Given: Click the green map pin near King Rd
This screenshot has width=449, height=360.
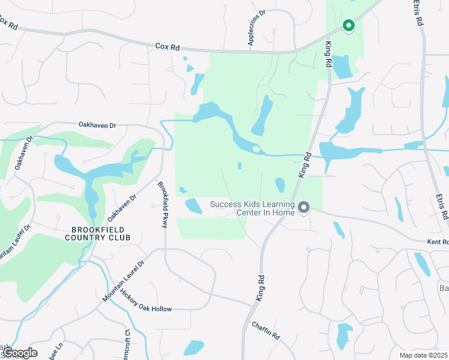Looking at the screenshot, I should [x=348, y=25].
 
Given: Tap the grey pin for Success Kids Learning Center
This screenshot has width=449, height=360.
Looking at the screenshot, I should [x=304, y=208].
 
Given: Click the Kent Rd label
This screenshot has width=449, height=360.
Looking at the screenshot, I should [x=436, y=242].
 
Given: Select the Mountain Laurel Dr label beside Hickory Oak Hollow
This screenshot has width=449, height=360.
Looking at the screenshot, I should [x=124, y=281].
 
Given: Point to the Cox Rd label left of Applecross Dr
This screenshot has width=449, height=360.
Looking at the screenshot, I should [x=167, y=46].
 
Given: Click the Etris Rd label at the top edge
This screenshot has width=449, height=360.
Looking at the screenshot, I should [x=418, y=12].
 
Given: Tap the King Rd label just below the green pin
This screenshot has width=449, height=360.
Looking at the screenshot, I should [x=328, y=54].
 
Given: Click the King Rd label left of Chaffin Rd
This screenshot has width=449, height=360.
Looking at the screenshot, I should [x=260, y=288].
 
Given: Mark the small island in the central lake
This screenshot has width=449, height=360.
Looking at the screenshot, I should [x=256, y=149].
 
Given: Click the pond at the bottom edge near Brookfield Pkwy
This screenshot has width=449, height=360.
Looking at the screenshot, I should [x=194, y=347].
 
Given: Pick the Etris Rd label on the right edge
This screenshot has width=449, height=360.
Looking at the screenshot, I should [x=441, y=206].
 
